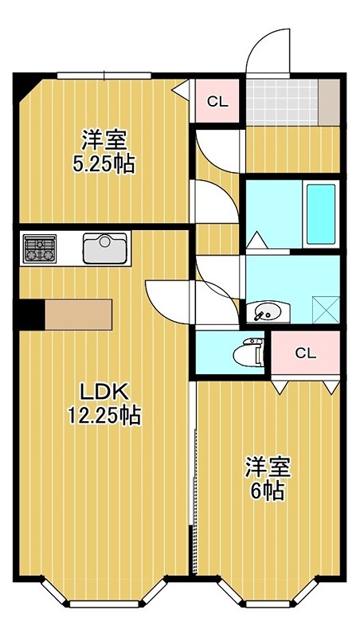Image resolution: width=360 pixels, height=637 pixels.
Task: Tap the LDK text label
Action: [104, 392]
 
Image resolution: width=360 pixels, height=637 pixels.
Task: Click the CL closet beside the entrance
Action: [215, 101]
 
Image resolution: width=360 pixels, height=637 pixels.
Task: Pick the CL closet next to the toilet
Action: [305, 354]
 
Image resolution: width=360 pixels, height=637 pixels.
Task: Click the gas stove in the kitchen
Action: [39, 248]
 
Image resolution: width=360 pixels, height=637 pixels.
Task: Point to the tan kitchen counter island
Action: [79, 314]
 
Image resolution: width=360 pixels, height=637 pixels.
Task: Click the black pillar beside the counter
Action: [31, 314]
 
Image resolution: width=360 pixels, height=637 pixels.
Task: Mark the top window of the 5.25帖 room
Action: [104, 76]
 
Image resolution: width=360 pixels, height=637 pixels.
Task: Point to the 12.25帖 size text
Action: [104, 415]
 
